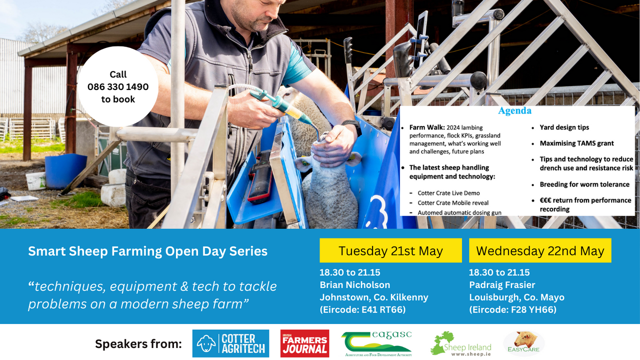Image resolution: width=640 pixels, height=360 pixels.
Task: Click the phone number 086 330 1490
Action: [x=118, y=86]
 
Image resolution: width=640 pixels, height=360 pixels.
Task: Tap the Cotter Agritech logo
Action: [x=230, y=343]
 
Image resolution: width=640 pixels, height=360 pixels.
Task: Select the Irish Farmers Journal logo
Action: [x=304, y=343]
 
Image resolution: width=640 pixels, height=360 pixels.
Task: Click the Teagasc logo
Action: [x=376, y=343]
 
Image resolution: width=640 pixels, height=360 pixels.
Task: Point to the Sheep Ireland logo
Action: [x=460, y=343]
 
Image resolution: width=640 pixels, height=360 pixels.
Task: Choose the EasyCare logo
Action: [x=523, y=343]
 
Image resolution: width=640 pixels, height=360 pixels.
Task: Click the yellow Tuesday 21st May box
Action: [x=390, y=250]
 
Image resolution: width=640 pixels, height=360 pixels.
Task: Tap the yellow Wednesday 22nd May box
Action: [x=540, y=250]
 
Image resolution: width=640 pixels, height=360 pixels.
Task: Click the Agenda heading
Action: [x=514, y=110]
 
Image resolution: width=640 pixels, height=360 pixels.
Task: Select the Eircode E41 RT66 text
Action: [x=362, y=309]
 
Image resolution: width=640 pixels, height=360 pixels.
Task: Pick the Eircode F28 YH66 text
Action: [x=512, y=309]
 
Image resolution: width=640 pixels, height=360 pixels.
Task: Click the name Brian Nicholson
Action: [x=354, y=284]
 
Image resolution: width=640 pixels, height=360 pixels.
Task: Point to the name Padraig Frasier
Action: [x=502, y=284]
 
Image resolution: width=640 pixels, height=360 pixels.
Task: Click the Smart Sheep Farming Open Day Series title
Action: [x=147, y=251]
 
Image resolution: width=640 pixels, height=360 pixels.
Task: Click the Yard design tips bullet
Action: [x=564, y=127]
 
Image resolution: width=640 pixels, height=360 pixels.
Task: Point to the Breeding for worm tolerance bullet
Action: [x=584, y=184]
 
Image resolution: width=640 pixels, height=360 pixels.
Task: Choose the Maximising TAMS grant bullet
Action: [x=576, y=143]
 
